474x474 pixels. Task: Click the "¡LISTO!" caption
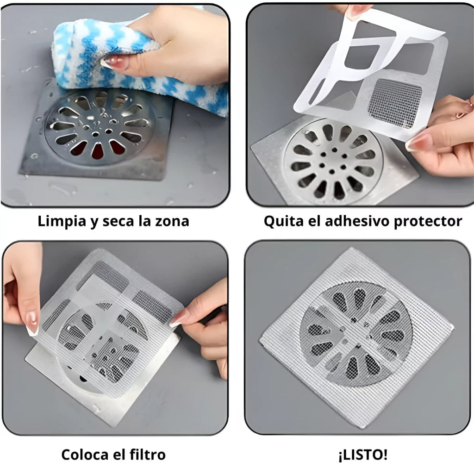363,455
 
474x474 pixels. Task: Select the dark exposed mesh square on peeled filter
394,103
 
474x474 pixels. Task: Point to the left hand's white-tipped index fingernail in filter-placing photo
32,324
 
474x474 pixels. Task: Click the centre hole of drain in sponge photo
95,134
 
